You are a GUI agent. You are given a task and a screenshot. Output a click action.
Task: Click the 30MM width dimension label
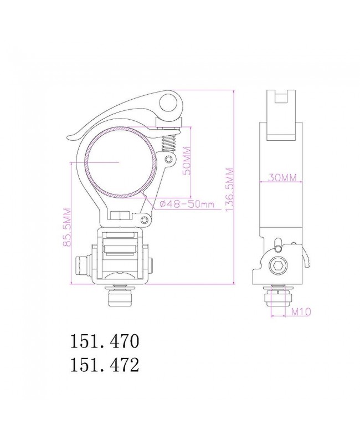click(281, 177)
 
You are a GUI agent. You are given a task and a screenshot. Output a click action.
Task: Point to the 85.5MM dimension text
click(66, 227)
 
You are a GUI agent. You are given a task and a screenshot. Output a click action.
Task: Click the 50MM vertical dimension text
click(187, 161)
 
